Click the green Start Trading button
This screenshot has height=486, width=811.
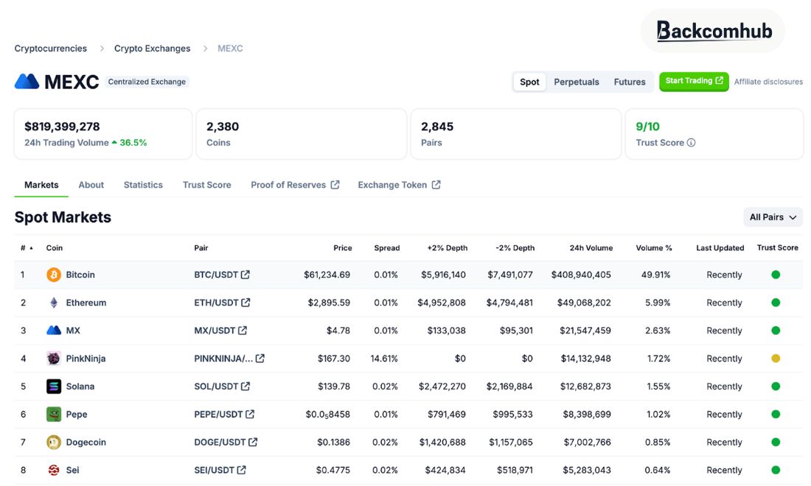coord(694,81)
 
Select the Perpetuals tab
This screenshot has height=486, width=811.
coord(577,82)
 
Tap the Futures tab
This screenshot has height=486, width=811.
coord(630,82)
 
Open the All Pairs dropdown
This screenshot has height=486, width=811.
coord(773,217)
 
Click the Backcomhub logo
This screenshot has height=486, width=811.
coord(713,31)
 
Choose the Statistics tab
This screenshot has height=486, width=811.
coord(143,185)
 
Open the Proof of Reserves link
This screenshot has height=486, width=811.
coord(295,185)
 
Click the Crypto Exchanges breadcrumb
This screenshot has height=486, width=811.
coord(152,49)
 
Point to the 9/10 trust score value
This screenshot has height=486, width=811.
coord(647,127)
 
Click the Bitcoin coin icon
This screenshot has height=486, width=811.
coord(54,275)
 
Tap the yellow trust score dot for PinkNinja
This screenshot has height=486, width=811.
coord(776,359)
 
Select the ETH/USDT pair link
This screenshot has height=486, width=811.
coord(222,303)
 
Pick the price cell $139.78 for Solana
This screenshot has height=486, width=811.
coord(333,387)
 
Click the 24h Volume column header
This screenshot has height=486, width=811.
coord(591,248)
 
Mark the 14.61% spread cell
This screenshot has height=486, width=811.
coord(384,359)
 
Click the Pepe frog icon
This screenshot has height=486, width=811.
coord(54,415)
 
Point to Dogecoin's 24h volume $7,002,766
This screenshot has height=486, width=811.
coord(587,442)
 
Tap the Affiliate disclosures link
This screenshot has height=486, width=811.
coord(768,82)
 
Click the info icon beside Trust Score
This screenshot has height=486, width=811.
coord(691,143)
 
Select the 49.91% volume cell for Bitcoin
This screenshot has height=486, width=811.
coord(655,275)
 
